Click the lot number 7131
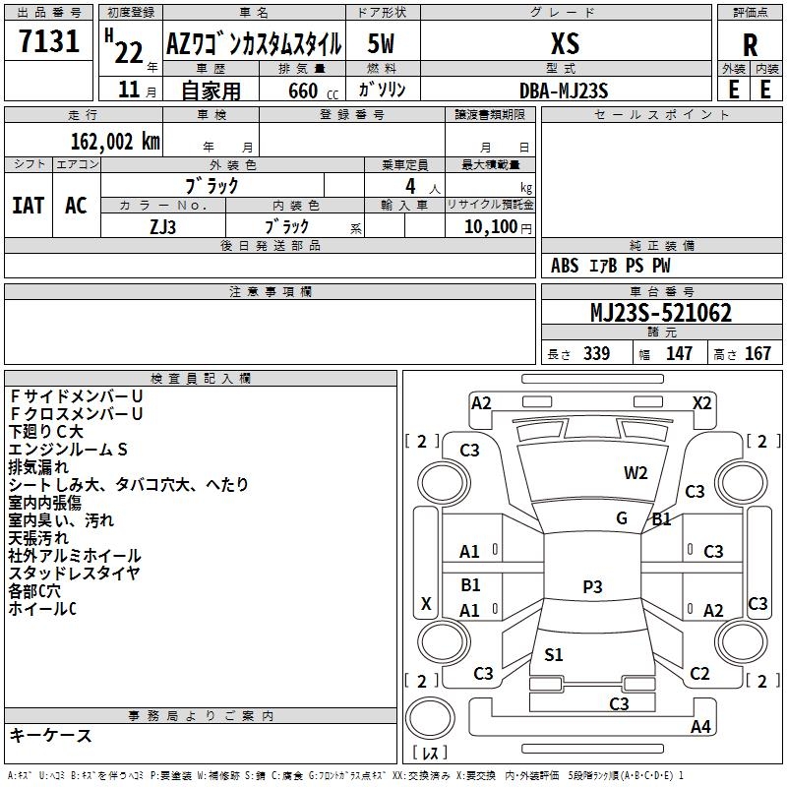tap(49, 41)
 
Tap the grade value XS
tap(565, 43)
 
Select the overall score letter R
tap(750, 45)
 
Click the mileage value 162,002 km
tap(115, 142)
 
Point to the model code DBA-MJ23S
tap(564, 91)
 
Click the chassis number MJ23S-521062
tap(661, 313)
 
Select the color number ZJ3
tap(162, 227)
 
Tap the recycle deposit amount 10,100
tap(490, 226)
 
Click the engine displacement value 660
tap(303, 91)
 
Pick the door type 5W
tap(381, 43)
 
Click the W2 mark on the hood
tap(636, 473)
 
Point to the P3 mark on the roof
tap(592, 586)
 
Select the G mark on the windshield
tap(622, 518)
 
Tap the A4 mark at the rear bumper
tap(700, 726)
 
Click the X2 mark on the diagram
tap(701, 403)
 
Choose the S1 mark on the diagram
tap(553, 654)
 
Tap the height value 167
tap(757, 353)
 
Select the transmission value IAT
tap(29, 206)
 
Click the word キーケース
tap(51, 735)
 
